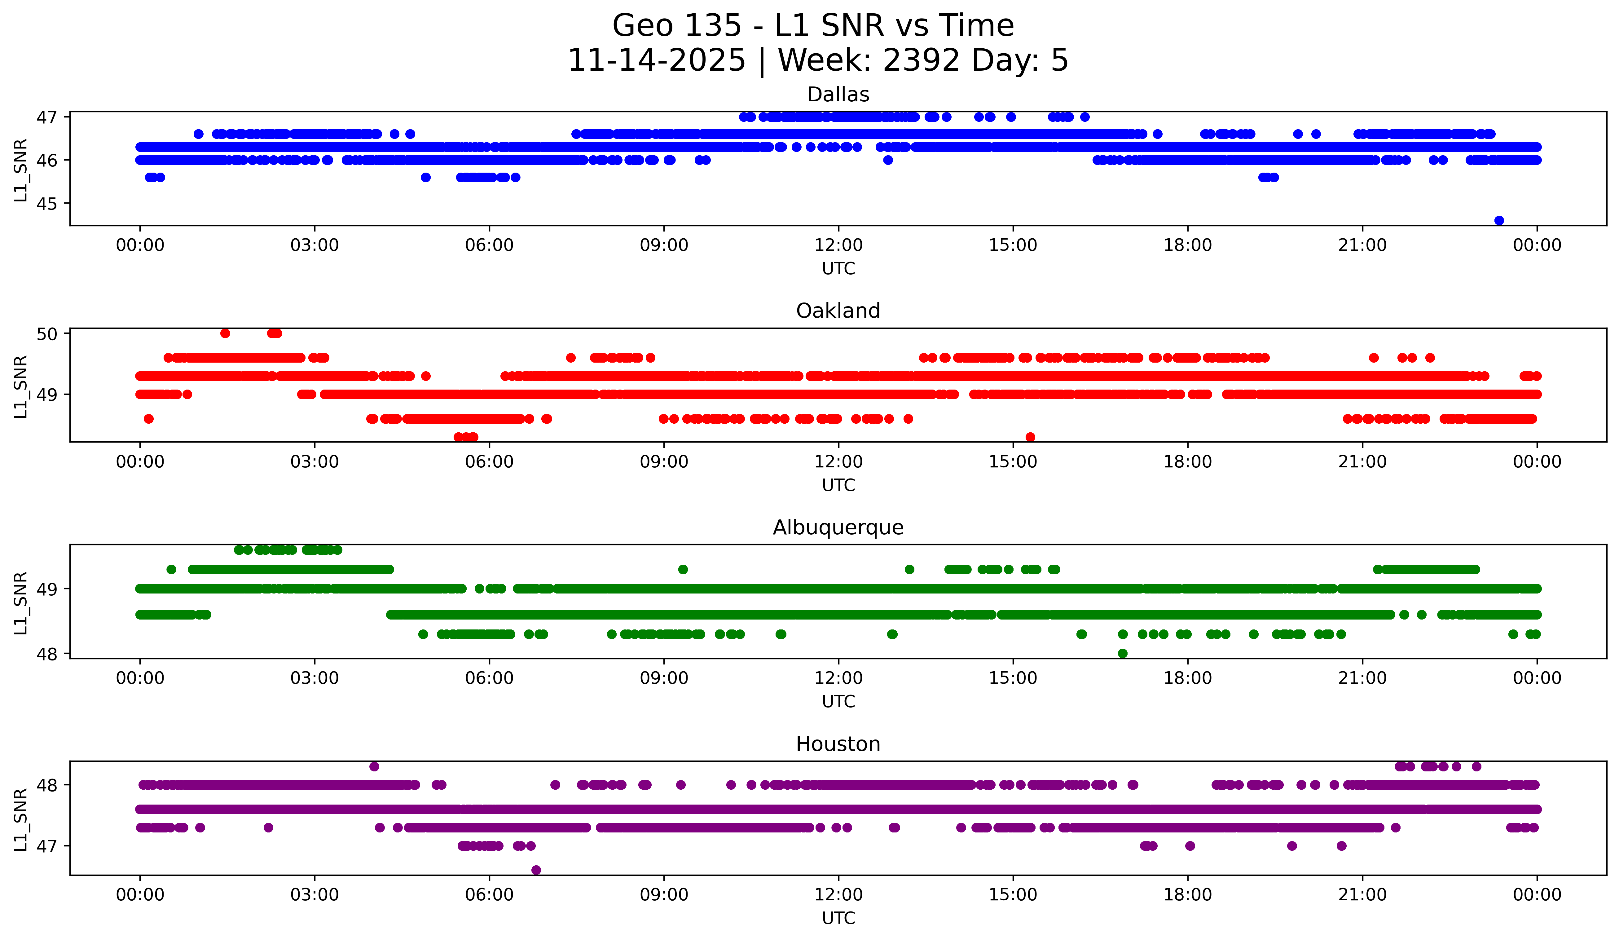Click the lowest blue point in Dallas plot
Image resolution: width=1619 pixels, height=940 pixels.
pos(1499,220)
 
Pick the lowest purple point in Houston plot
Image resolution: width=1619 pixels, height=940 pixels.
pos(536,870)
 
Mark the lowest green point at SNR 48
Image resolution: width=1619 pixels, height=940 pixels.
pos(1122,653)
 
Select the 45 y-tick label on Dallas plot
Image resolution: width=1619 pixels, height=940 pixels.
pos(46,204)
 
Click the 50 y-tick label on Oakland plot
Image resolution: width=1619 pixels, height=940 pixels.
pos(46,333)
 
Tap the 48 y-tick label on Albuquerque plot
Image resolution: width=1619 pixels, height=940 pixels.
pos(46,654)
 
